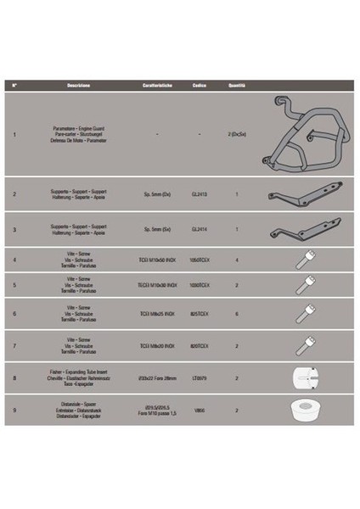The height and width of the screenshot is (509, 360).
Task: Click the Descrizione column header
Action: click(85, 86)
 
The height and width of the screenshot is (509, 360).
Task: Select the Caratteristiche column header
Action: click(157, 86)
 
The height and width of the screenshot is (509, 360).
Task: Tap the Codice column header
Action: click(200, 86)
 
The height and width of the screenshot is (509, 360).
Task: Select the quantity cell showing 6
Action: click(236, 314)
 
